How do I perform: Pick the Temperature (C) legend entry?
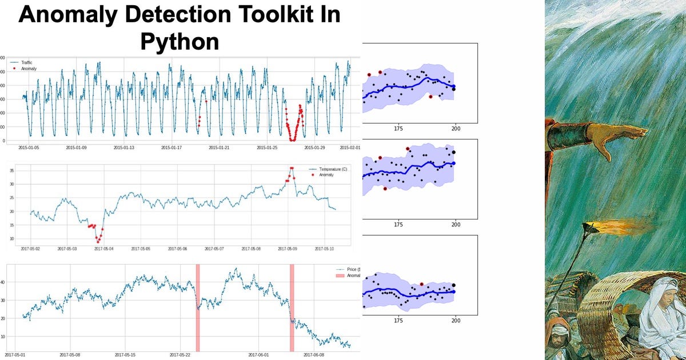click(329, 170)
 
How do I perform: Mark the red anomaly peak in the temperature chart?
click(292, 169)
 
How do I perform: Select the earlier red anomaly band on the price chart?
click(198, 307)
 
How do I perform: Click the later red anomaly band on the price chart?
click(292, 307)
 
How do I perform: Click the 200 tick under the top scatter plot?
click(456, 129)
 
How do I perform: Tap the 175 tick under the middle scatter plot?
click(398, 225)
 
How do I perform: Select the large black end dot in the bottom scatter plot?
click(454, 285)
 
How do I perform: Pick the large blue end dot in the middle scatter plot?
click(454, 163)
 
